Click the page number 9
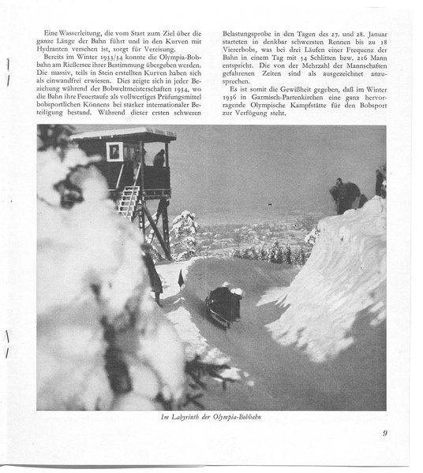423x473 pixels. click(x=385, y=433)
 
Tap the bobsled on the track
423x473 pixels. click(x=223, y=304)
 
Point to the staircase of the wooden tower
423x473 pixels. click(x=129, y=201)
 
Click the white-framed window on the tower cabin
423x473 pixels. click(x=114, y=151)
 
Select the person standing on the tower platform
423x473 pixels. click(x=159, y=158)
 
